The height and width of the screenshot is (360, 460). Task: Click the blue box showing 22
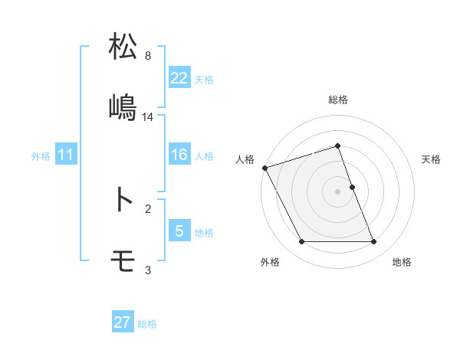[x=179, y=77]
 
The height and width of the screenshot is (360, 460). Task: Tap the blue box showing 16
[x=179, y=155]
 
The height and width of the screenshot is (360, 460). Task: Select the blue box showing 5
[x=179, y=231]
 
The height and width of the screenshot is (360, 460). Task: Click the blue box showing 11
[x=66, y=155]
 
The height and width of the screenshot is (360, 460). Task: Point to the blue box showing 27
[x=123, y=322]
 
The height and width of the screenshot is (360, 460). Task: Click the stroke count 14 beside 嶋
[x=149, y=117]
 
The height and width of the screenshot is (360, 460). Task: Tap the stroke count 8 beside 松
[x=148, y=56]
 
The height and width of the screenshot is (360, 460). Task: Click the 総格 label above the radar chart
[x=338, y=100]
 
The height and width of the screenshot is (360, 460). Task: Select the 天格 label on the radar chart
[x=431, y=159]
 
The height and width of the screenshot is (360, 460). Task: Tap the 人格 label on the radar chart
[x=245, y=159]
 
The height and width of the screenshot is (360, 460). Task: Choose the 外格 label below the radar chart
[x=270, y=262]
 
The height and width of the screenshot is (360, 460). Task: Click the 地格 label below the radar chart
[x=402, y=262]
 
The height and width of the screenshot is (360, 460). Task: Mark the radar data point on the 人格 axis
[x=264, y=168]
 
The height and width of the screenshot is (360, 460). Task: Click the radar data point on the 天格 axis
[x=352, y=187]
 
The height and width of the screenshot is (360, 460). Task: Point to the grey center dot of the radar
[x=338, y=191]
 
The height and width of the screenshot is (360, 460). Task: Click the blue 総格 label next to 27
[x=147, y=323]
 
